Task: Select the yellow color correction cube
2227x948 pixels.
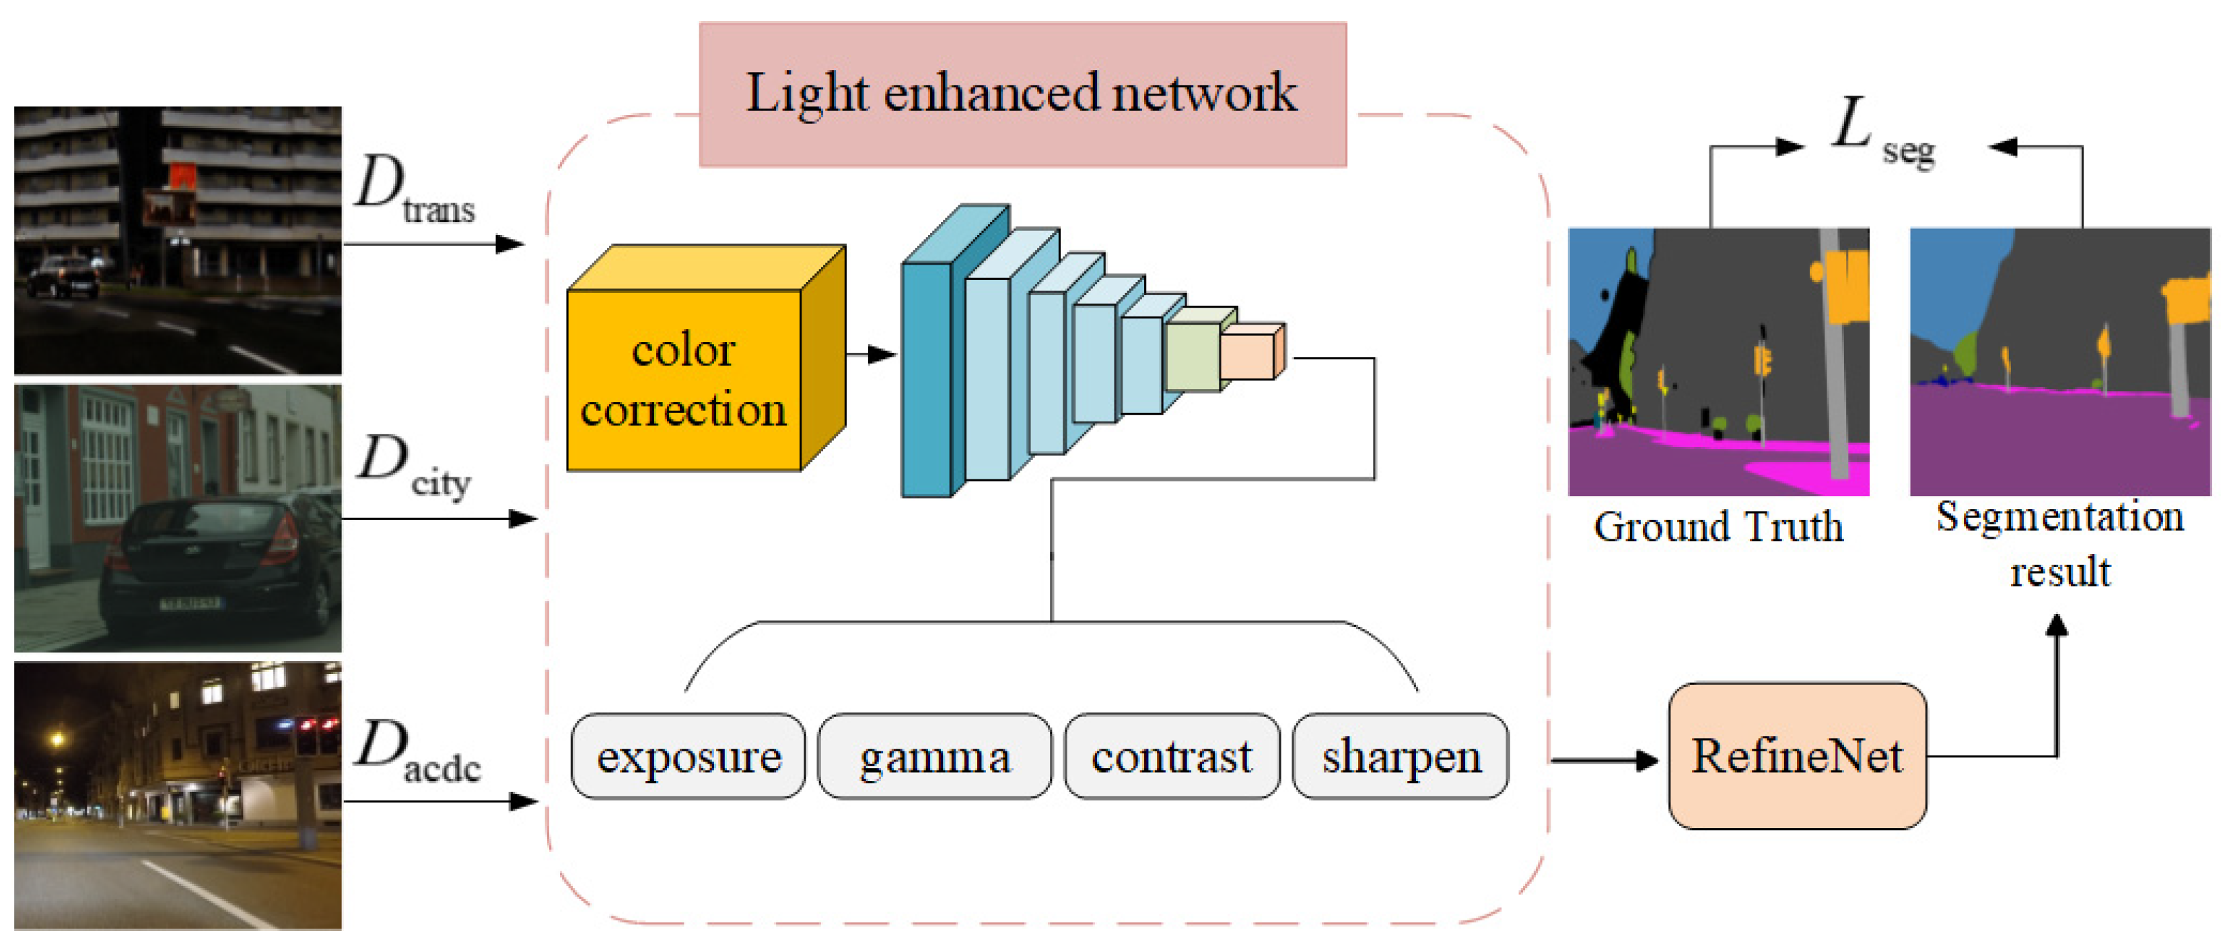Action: [x=684, y=380]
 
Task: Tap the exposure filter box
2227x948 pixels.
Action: [x=688, y=756]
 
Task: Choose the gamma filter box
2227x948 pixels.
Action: [x=935, y=756]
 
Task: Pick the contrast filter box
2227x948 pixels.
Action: [x=1172, y=756]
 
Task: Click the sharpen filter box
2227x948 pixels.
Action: [x=1401, y=756]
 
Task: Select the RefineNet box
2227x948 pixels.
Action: [x=1796, y=756]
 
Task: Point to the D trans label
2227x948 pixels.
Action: [x=413, y=189]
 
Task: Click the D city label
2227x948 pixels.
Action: [x=413, y=465]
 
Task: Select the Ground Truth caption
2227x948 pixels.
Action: [x=1718, y=527]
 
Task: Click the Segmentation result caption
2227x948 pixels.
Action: [x=2059, y=543]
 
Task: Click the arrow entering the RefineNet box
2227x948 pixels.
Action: [x=1604, y=760]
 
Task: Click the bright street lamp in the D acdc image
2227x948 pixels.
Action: [x=57, y=739]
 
